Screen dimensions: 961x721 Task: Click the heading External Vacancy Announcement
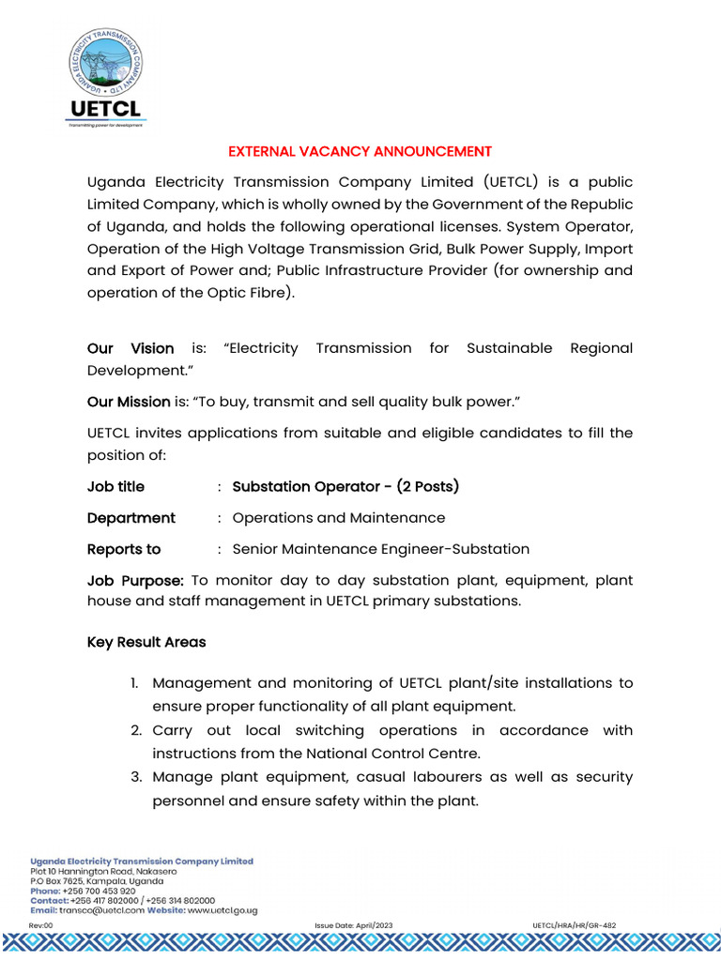pyautogui.click(x=360, y=151)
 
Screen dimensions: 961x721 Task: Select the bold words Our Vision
pyautogui.click(x=130, y=348)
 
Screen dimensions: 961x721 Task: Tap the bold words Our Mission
pyautogui.click(x=129, y=402)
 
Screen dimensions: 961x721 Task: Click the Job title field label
pyautogui.click(x=115, y=486)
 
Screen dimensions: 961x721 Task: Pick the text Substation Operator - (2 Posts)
pyautogui.click(x=345, y=486)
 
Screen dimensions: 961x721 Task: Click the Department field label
pyautogui.click(x=130, y=518)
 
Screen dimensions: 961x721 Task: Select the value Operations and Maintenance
pyautogui.click(x=338, y=518)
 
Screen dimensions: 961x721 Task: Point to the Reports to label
pyautogui.click(x=124, y=549)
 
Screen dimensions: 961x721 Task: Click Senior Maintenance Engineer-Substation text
pyautogui.click(x=380, y=549)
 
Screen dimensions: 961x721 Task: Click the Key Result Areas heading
pyautogui.click(x=146, y=643)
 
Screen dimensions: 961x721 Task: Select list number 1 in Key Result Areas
pyautogui.click(x=136, y=683)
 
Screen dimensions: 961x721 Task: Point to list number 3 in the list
pyautogui.click(x=136, y=777)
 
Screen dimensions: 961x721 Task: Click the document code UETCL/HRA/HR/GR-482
pyautogui.click(x=574, y=925)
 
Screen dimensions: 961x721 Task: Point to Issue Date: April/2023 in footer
pyautogui.click(x=354, y=925)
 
